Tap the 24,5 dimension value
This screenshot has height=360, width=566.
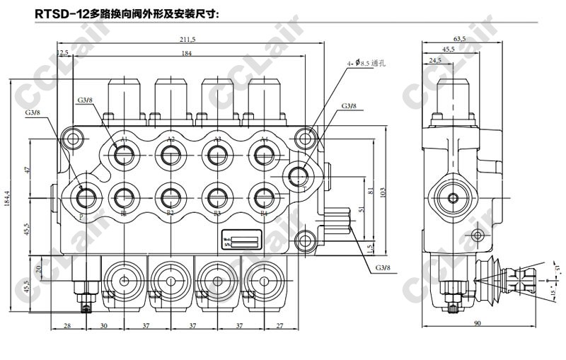pyautogui.click(x=435, y=61)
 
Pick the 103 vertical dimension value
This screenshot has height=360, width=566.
pyautogui.click(x=383, y=190)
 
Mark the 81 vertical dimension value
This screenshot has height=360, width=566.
pyautogui.click(x=371, y=191)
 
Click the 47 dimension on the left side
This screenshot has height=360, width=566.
pyautogui.click(x=28, y=170)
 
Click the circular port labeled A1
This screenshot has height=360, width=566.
pyautogui.click(x=124, y=156)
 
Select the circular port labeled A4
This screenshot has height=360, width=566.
pyautogui.click(x=264, y=156)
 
